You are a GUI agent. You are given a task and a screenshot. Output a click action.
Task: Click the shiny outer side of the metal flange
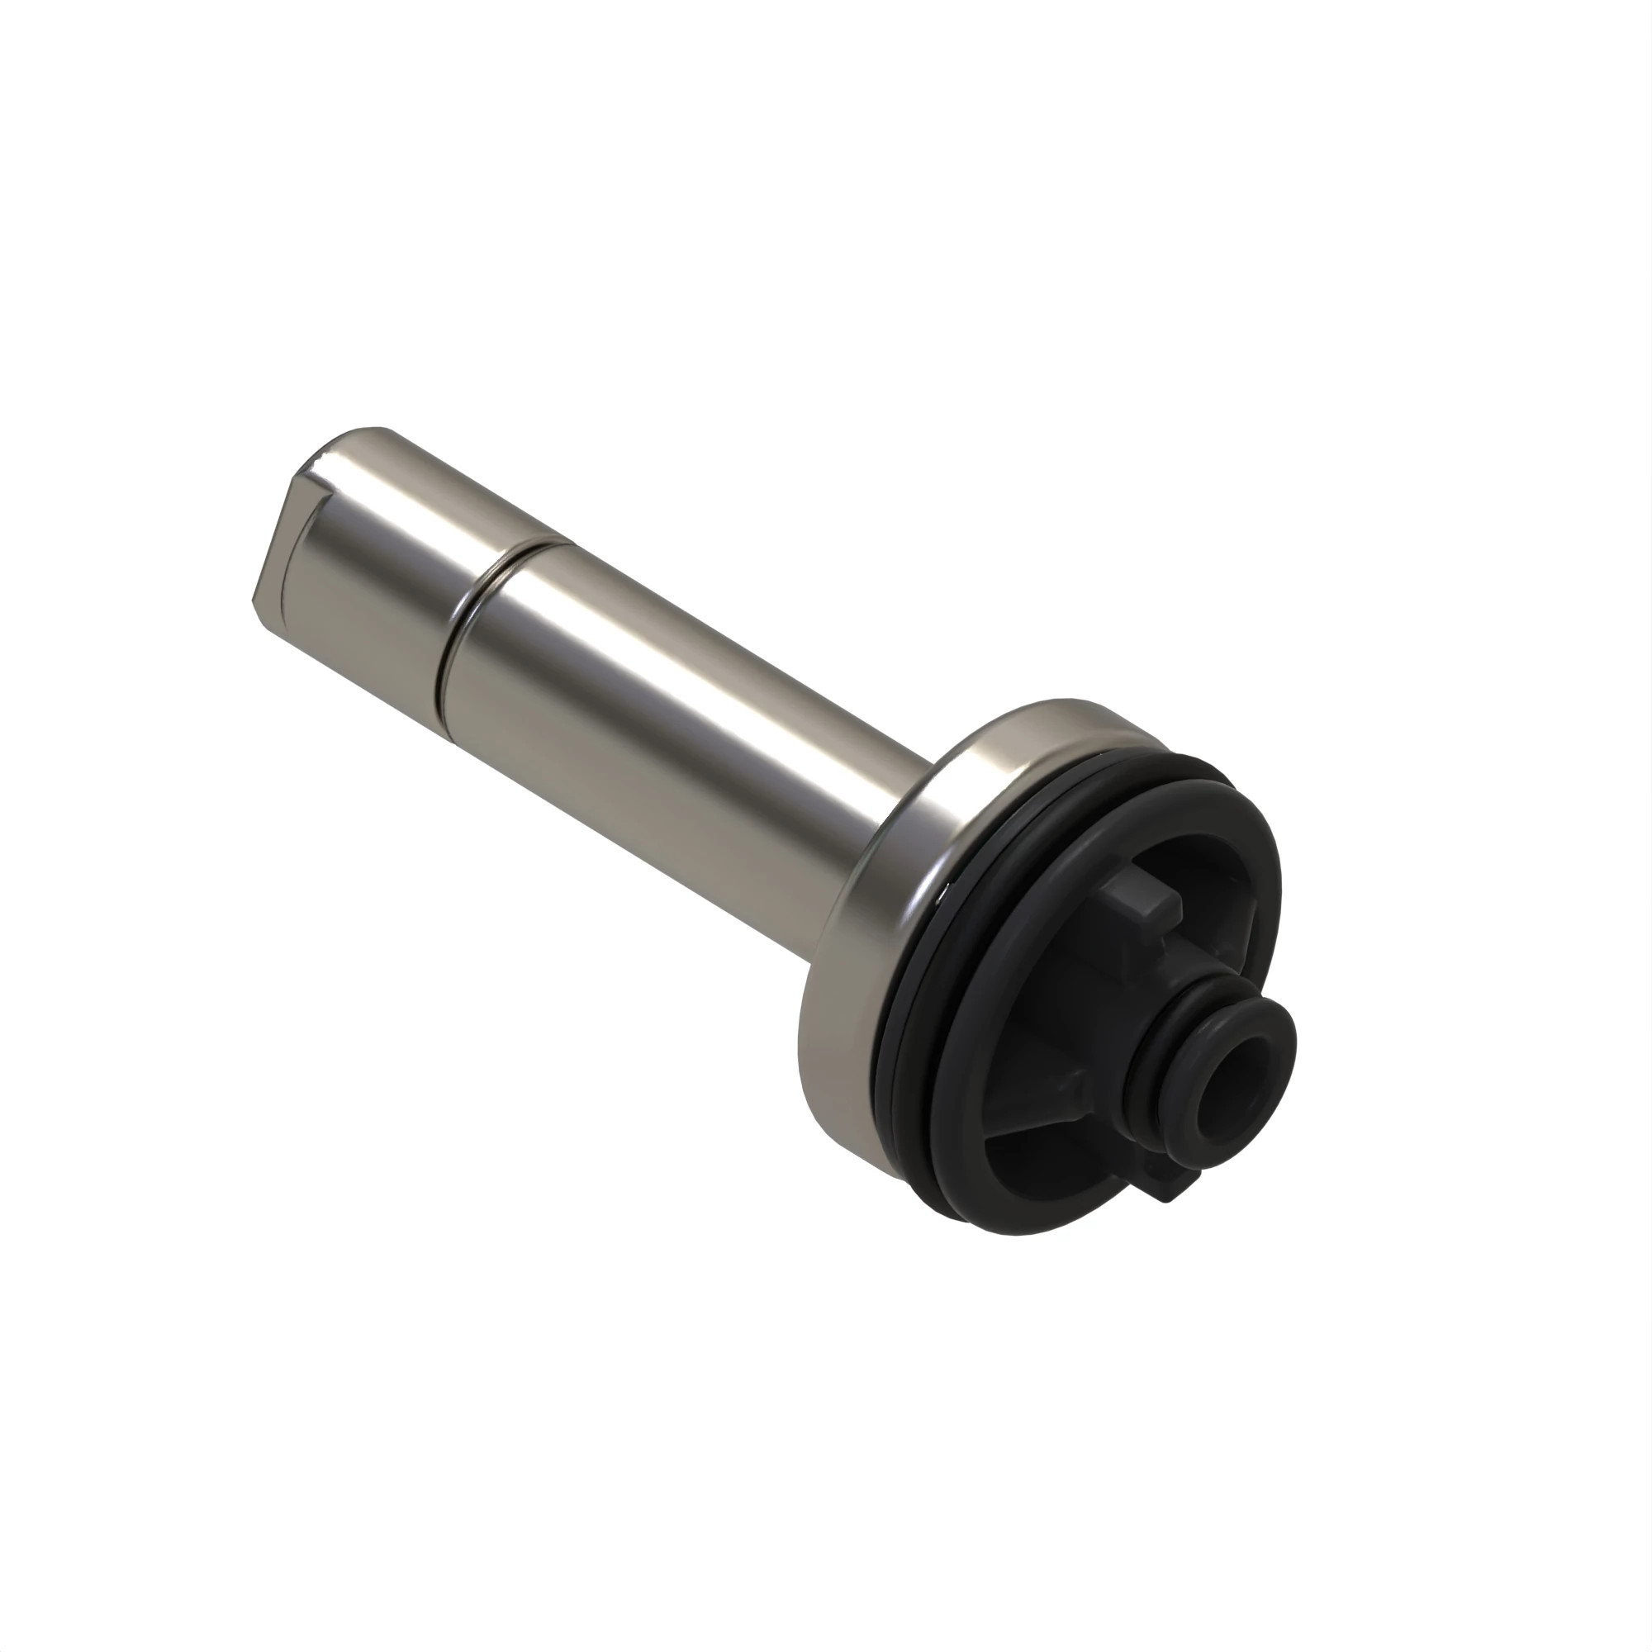pos(847,983)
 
